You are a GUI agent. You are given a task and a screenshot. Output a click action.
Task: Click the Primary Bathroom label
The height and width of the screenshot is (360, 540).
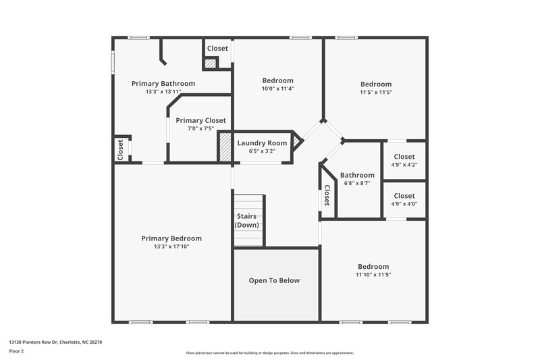click(163, 84)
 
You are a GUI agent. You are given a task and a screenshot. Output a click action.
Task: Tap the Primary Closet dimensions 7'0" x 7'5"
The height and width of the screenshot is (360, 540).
click(200, 128)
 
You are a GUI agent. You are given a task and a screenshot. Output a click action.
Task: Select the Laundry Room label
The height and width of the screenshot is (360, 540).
click(262, 143)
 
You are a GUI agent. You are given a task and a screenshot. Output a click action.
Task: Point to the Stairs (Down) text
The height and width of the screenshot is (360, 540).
click(247, 221)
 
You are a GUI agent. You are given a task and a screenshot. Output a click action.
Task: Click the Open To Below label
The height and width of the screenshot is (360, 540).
click(274, 280)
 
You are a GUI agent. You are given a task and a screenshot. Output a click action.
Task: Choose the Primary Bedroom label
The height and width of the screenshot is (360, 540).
click(171, 238)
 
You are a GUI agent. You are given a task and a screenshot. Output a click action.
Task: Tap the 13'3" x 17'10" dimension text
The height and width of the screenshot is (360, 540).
click(171, 247)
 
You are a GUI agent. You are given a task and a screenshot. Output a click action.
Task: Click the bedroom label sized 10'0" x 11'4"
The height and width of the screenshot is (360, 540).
click(278, 80)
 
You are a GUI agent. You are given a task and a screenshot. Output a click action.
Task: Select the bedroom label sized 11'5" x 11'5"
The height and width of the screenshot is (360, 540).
click(376, 84)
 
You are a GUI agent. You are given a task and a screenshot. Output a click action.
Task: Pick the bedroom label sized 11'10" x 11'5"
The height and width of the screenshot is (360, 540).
click(373, 267)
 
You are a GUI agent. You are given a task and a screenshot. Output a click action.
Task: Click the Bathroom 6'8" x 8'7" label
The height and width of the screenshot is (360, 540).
click(357, 176)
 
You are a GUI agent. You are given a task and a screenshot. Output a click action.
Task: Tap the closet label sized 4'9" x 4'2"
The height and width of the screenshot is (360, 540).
click(404, 157)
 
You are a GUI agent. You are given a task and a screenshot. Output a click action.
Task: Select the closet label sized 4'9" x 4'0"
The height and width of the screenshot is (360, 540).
click(404, 196)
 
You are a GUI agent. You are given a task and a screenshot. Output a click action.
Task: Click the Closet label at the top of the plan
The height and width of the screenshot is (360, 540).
click(217, 49)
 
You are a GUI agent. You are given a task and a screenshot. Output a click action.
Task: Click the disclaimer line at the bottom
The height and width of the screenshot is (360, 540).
click(270, 353)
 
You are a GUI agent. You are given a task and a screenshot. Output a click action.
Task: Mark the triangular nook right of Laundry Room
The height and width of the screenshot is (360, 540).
click(296, 143)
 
